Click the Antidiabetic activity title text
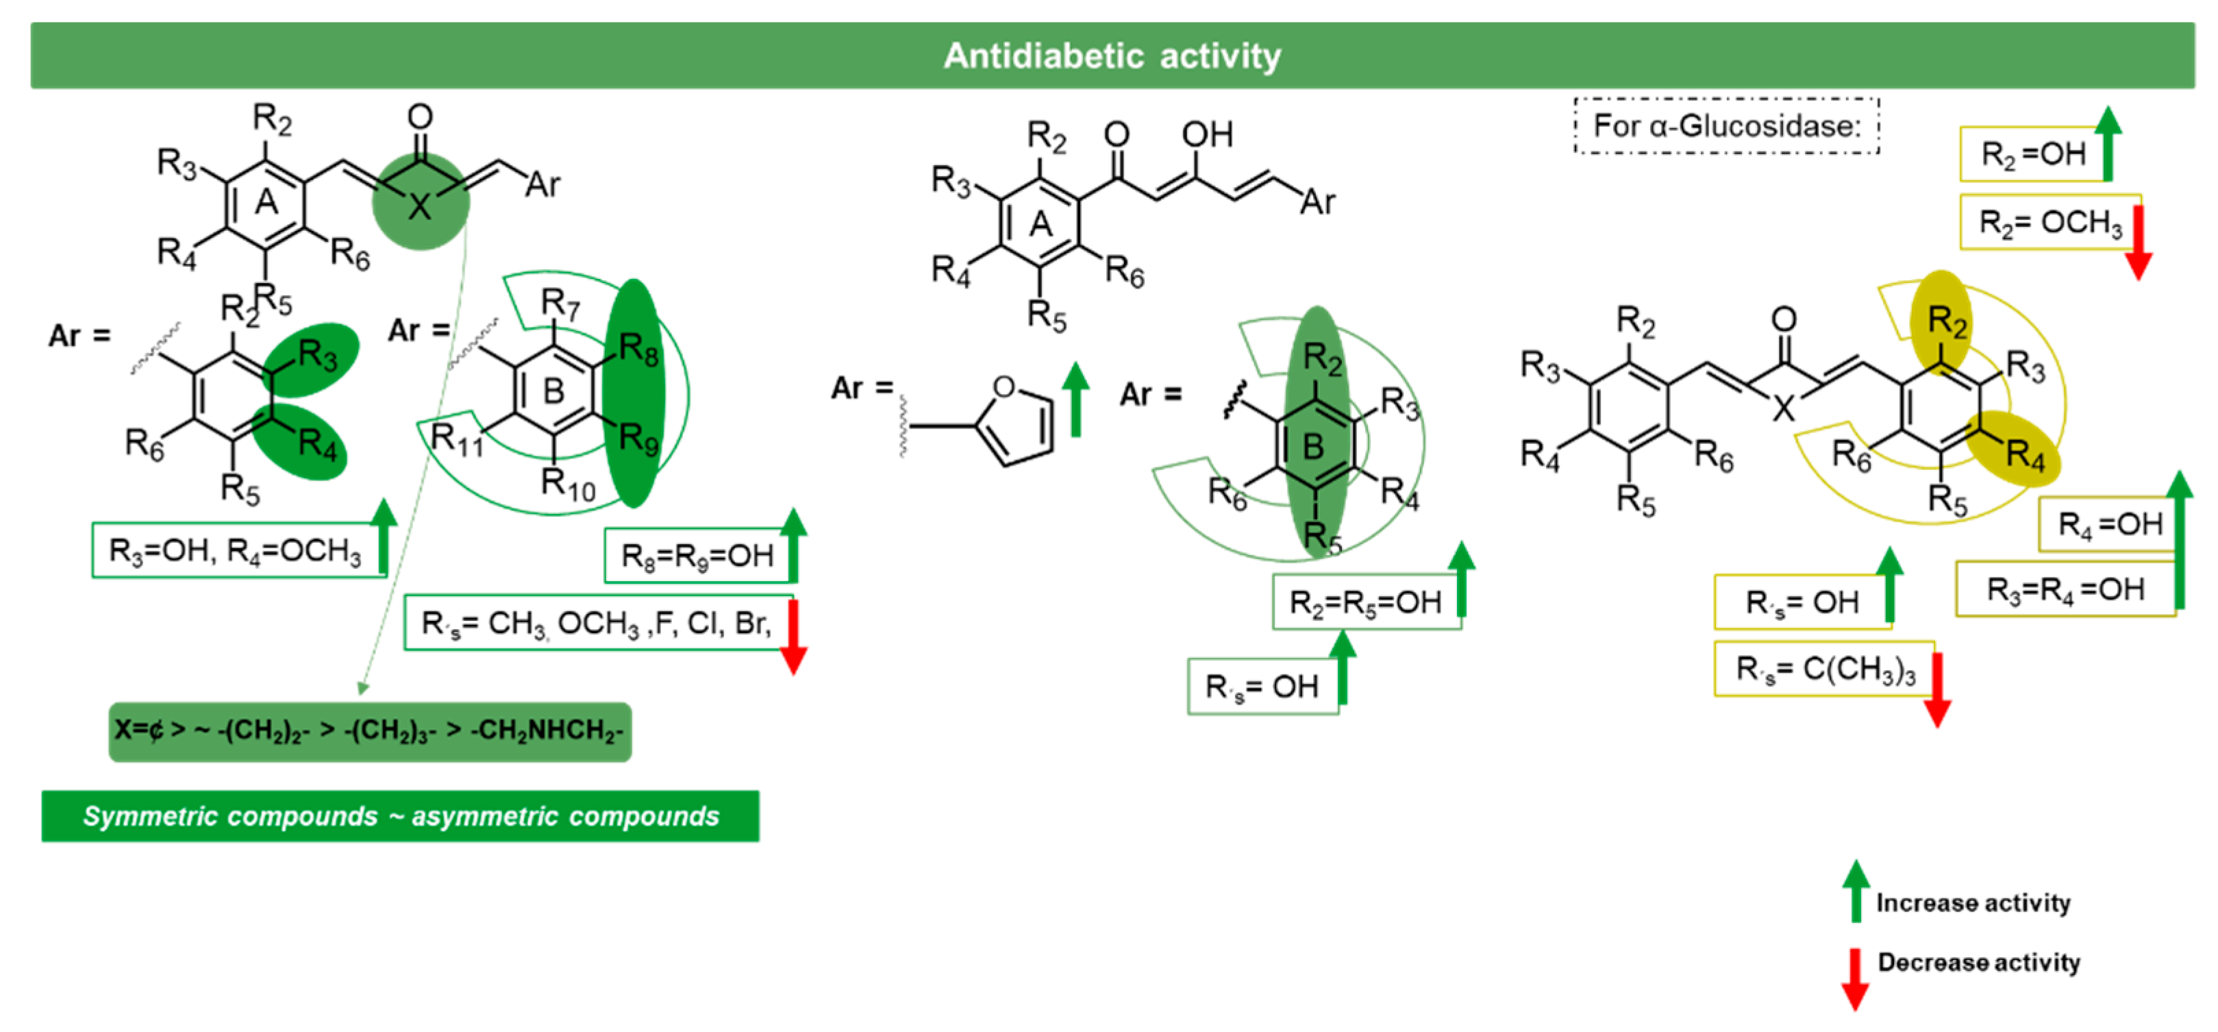tap(1112, 56)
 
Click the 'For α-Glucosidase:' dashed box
tap(1726, 126)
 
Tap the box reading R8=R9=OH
tap(697, 556)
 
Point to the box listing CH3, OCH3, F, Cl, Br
tap(596, 622)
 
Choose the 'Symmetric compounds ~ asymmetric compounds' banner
tap(400, 815)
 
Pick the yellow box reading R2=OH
tap(2032, 154)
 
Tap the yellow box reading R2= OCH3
tap(2049, 222)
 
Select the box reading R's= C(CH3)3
tap(1823, 669)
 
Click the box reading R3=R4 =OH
tap(2064, 589)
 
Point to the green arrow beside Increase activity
tap(1856, 892)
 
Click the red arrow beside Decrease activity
tap(1855, 979)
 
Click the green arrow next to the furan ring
tap(1075, 398)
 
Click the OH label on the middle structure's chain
tap(1206, 134)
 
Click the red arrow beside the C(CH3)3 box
tap(1937, 689)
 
